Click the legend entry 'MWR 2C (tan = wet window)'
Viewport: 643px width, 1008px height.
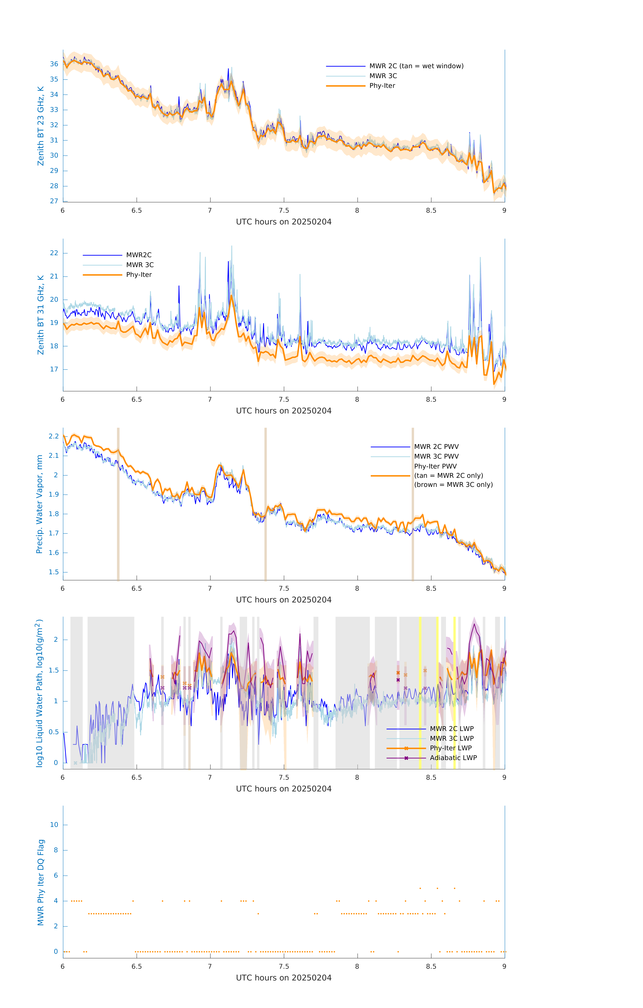(x=416, y=66)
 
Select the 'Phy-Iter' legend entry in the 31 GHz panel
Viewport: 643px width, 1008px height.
(x=139, y=275)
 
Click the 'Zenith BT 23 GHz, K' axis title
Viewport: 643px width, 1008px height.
(x=41, y=126)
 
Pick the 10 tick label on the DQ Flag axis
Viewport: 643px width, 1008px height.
(x=54, y=825)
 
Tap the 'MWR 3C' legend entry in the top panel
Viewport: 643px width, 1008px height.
(x=383, y=76)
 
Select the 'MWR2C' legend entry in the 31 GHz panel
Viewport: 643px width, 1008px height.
(x=139, y=255)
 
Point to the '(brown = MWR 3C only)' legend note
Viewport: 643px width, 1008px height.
(x=453, y=485)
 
